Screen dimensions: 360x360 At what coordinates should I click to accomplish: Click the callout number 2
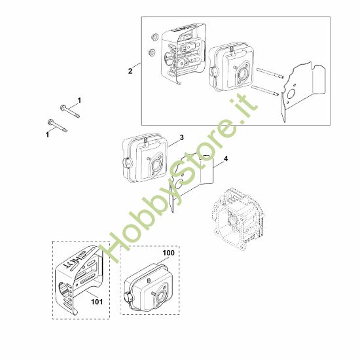(130, 71)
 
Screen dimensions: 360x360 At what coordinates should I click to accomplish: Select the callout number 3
(181, 137)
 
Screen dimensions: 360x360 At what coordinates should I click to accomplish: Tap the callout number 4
(226, 158)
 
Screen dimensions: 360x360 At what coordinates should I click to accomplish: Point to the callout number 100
(168, 253)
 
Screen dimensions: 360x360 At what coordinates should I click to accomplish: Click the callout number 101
(97, 302)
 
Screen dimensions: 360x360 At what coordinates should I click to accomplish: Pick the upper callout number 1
(79, 101)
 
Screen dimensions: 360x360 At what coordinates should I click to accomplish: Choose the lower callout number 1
(48, 134)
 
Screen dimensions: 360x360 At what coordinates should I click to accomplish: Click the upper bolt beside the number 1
(70, 111)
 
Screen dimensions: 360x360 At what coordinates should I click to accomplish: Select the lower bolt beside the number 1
(58, 126)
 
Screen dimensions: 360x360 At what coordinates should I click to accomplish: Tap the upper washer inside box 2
(154, 37)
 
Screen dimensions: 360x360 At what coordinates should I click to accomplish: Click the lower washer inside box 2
(152, 53)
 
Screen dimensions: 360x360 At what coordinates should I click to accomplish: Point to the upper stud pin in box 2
(270, 73)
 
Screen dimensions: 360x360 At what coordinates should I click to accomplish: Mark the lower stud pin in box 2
(265, 90)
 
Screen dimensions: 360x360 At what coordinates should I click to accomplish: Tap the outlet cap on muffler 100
(128, 298)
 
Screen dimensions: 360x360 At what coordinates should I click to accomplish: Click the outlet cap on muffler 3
(127, 163)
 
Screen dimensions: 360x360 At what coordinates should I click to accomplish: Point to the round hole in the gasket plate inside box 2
(291, 93)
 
